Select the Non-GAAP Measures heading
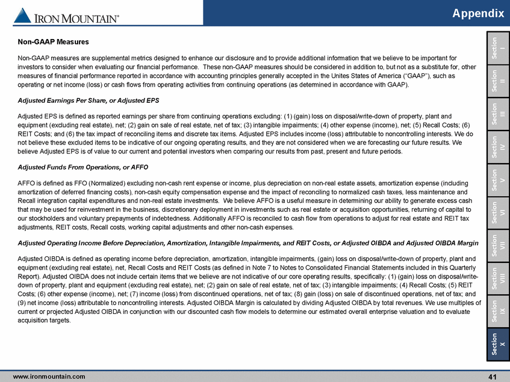(x=53, y=42)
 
